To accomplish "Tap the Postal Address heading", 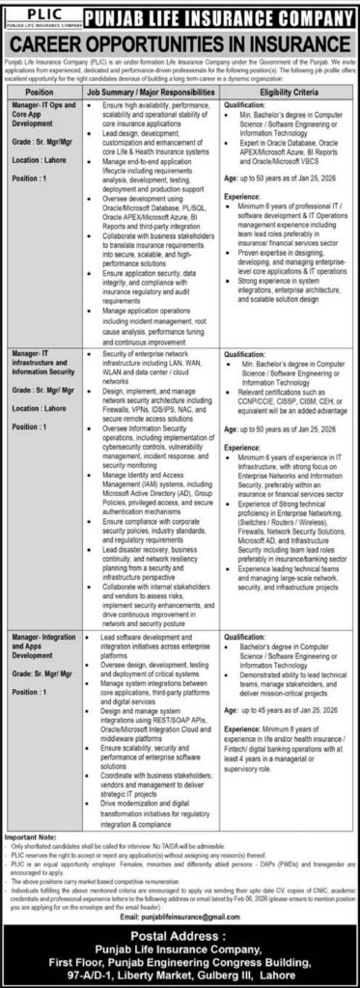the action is [180, 919].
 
